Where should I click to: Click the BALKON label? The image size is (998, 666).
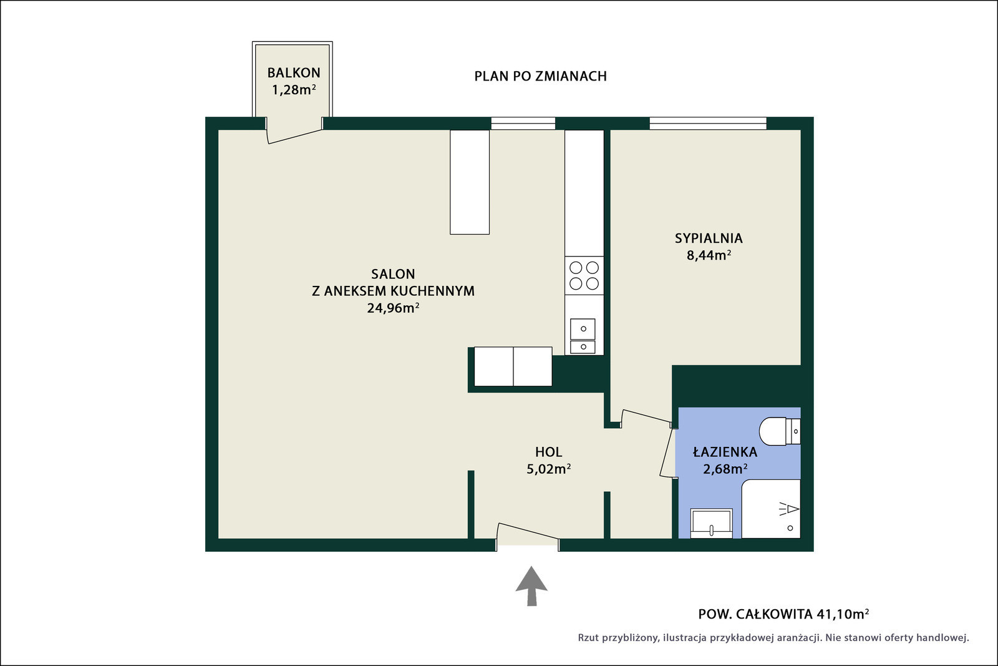294,72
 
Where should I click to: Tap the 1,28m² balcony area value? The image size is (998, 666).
294,90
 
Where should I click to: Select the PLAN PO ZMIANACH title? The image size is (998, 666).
540,76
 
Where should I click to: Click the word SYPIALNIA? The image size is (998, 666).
709,238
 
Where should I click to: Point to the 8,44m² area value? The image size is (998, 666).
709,255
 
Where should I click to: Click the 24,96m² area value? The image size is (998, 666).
393,308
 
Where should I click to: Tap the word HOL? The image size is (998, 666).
548,452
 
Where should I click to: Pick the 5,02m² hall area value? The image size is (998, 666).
548,469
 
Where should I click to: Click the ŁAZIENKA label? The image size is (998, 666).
725,452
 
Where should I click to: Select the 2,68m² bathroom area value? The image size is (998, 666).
725,469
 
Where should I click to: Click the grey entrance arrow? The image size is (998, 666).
531,585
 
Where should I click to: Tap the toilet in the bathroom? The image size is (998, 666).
780,431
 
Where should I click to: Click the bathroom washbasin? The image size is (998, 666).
711,523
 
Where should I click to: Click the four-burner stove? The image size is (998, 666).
584,275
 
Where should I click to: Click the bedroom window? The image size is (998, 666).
708,123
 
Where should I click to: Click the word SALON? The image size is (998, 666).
393,274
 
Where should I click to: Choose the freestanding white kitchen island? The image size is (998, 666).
470,182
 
